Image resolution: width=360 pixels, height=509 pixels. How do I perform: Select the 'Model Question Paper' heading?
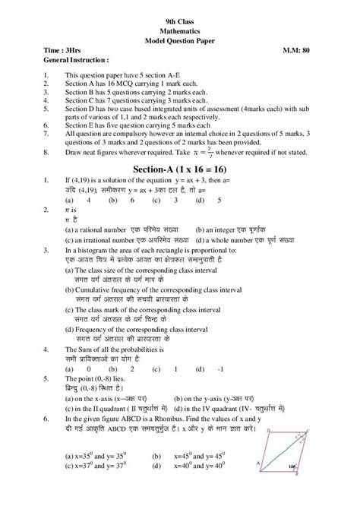tap(179, 42)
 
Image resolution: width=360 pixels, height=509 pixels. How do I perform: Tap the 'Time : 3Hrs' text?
tap(63, 51)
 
